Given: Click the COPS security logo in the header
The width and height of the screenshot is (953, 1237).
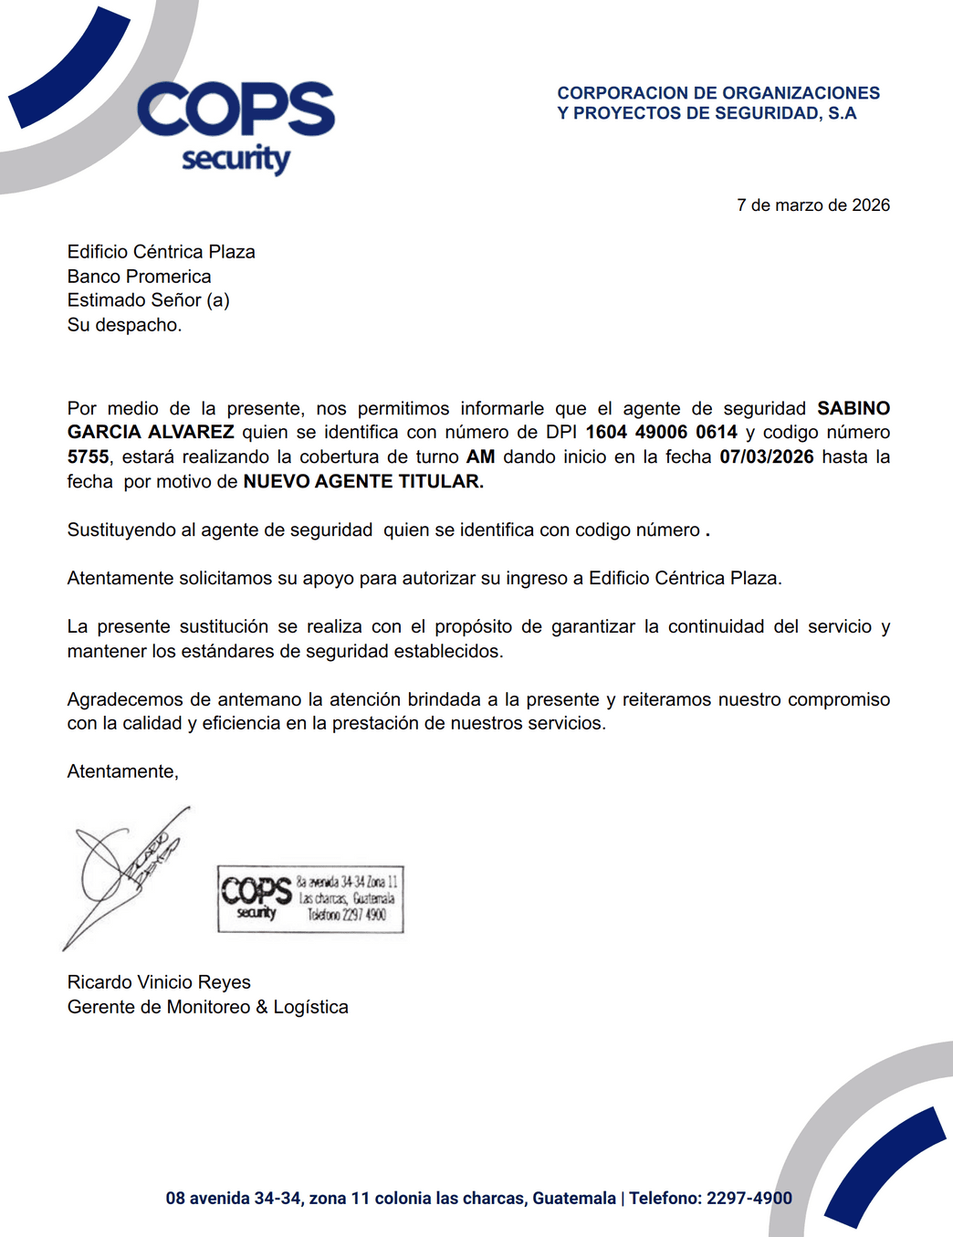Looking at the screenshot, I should point(236,126).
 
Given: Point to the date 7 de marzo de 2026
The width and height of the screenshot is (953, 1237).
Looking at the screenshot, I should point(812,205).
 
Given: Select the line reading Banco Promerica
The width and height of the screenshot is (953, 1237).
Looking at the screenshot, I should point(139,277).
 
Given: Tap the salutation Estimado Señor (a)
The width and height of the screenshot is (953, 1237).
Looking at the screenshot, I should point(148,300).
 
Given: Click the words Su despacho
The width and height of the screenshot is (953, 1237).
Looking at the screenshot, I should point(124,325).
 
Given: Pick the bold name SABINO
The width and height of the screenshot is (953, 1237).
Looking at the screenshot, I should point(853,408).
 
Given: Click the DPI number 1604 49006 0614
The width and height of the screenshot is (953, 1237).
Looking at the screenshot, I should point(661,433).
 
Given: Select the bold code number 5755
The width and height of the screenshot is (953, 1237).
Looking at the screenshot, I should point(88,456).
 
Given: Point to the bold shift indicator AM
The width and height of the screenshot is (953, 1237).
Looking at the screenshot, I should point(480,456).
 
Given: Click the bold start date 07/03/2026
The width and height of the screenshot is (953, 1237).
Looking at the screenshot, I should point(766,456).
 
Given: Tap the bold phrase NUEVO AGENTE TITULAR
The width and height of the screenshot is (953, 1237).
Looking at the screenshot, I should point(362,481).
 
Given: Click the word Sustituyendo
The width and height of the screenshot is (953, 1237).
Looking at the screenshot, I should point(123,529).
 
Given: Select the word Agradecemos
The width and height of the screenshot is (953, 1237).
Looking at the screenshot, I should point(124,699).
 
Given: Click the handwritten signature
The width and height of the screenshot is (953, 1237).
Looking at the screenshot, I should point(123,872).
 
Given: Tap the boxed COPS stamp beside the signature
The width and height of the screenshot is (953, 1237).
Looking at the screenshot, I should point(310,899).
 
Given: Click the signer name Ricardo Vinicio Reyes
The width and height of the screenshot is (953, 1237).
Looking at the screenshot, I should point(159,982).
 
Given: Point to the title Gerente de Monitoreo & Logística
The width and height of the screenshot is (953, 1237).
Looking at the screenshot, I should point(207,1007).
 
